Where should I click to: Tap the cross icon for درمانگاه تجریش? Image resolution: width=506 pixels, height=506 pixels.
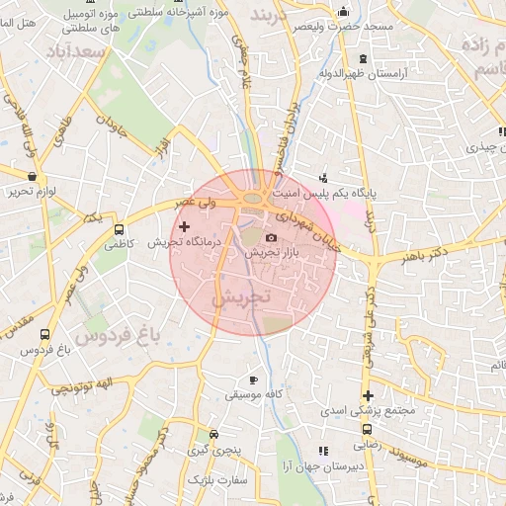tap(184, 227)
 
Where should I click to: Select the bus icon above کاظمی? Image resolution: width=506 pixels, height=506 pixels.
tap(120, 228)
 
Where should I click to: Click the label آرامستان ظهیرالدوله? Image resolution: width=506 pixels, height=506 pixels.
tap(363, 73)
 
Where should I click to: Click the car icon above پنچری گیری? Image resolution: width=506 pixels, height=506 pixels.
tap(214, 434)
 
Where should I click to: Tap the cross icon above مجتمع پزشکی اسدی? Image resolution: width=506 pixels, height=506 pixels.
tap(368, 395)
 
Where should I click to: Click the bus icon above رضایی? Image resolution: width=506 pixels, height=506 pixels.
tap(367, 430)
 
